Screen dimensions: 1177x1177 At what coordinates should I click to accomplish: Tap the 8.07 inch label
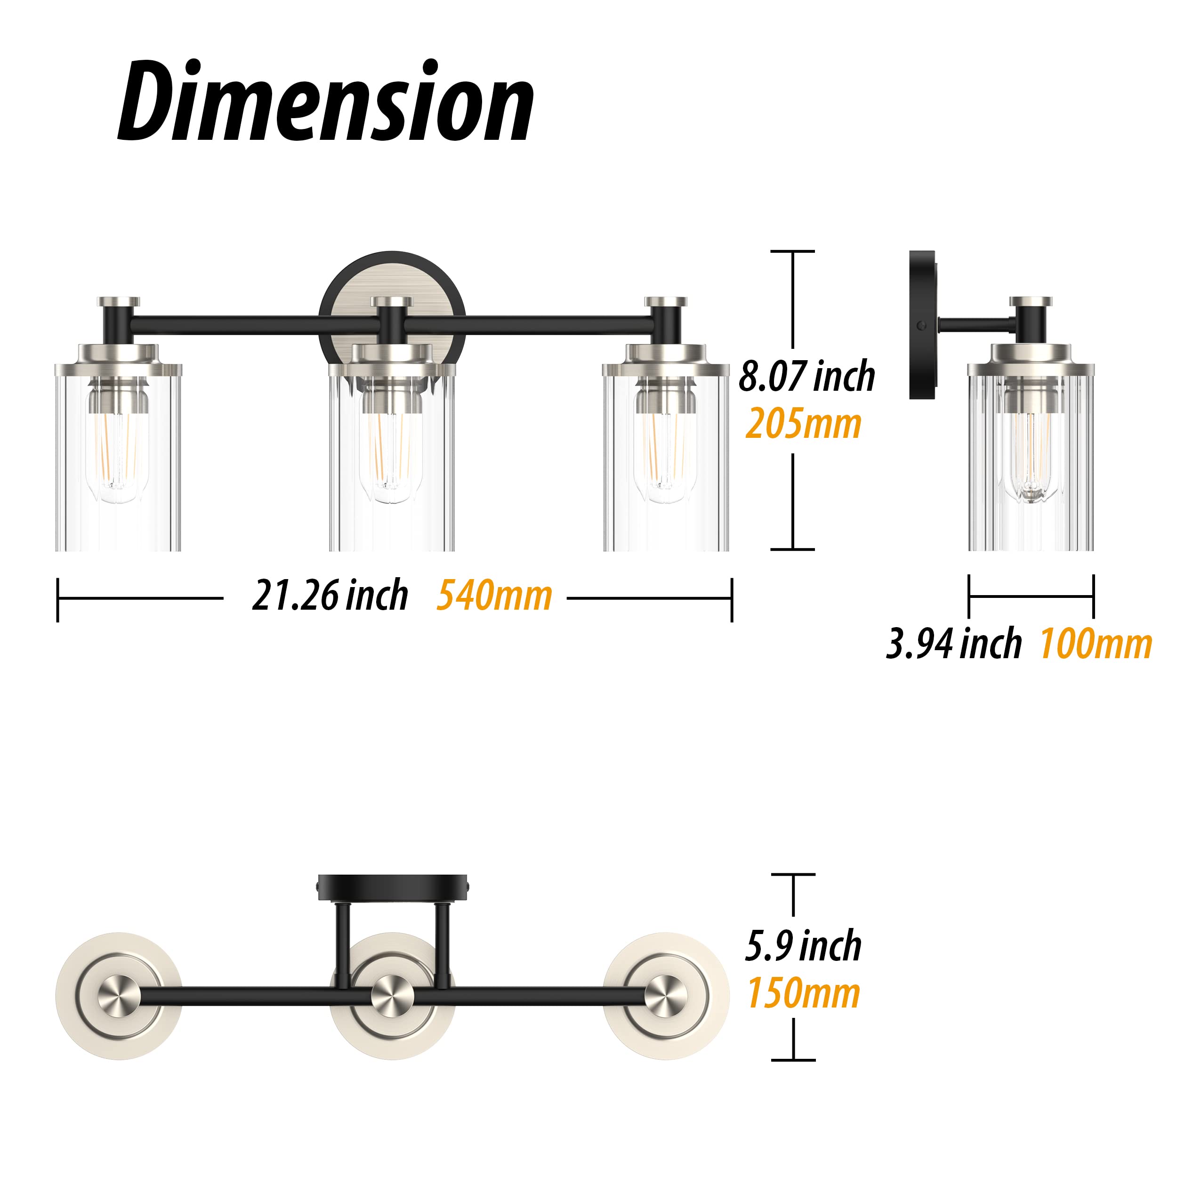[806, 376]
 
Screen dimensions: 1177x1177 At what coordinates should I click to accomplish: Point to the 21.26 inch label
[330, 595]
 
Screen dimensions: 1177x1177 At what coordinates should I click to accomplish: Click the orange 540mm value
[494, 595]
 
